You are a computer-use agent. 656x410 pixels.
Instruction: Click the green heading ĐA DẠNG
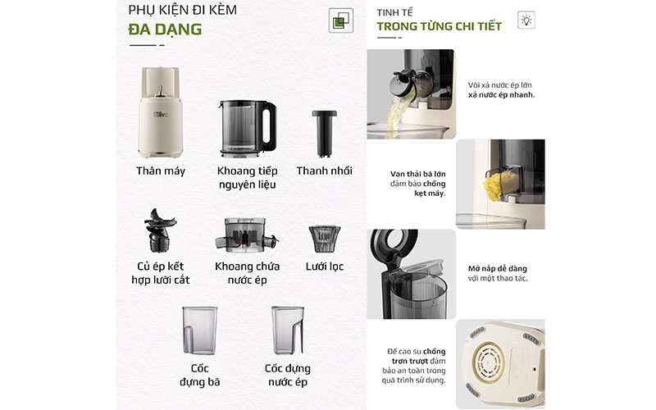(x=165, y=30)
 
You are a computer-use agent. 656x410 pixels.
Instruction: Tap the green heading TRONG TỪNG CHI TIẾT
(x=439, y=26)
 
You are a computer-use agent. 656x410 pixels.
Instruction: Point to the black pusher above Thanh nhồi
(x=323, y=131)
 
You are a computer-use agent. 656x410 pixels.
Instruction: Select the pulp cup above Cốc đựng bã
(x=200, y=330)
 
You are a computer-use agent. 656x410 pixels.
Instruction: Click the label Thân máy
(x=161, y=171)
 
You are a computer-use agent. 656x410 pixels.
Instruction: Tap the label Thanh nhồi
(x=324, y=171)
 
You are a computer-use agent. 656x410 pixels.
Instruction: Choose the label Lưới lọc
(x=324, y=266)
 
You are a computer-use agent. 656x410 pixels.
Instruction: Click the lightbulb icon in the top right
(x=526, y=21)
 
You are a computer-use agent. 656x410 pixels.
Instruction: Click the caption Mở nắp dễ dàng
(x=497, y=268)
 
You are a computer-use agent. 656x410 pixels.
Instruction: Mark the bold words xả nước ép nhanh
(x=501, y=94)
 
